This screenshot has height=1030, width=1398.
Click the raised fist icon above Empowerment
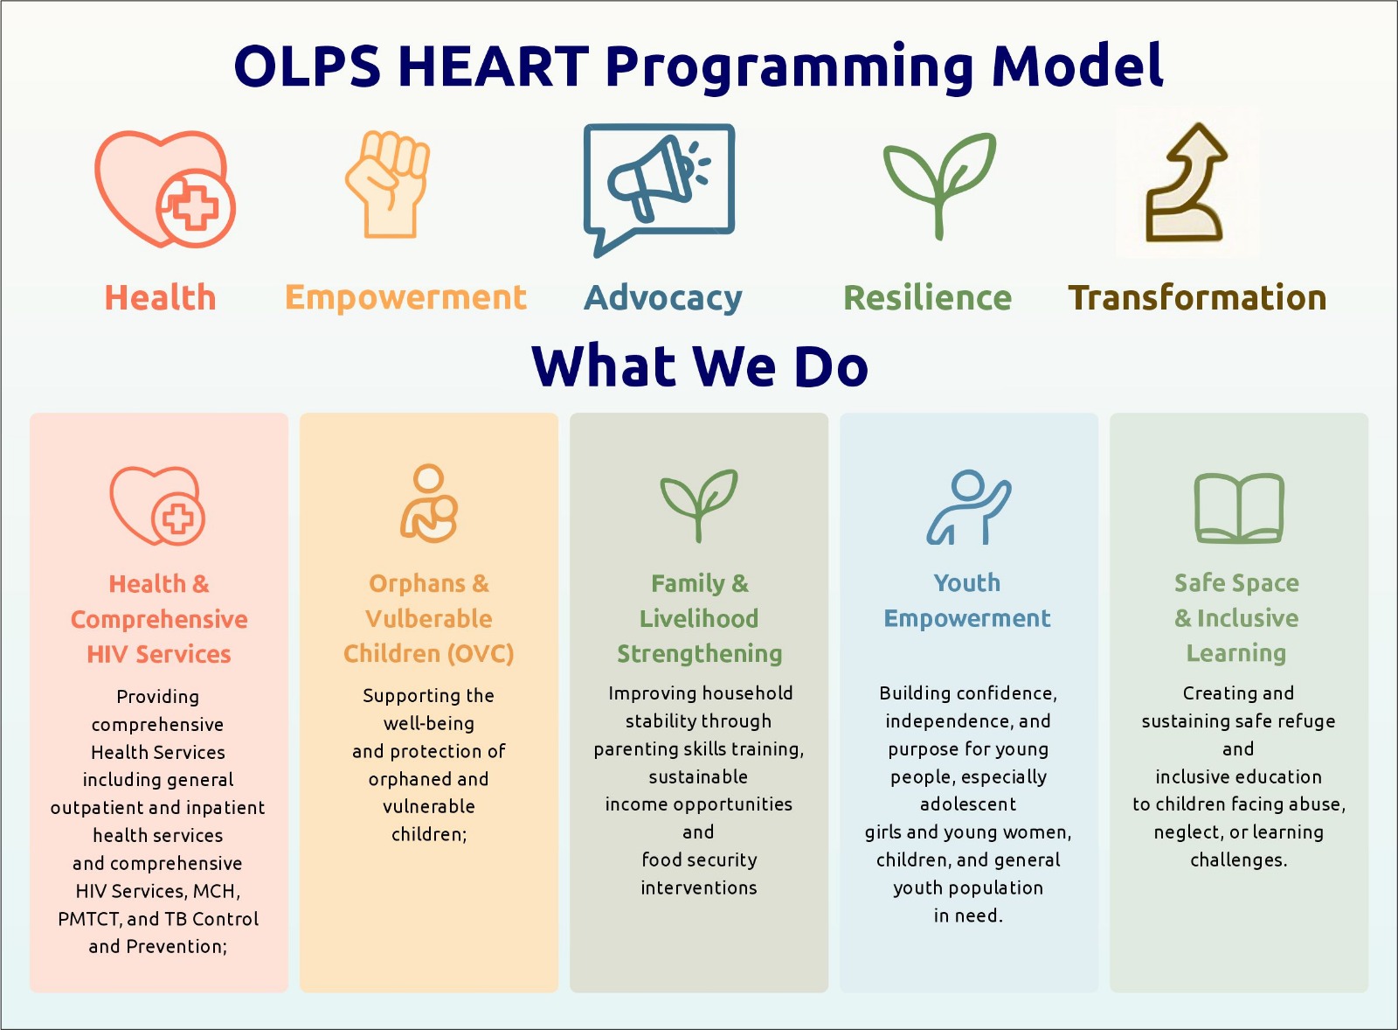tap(388, 184)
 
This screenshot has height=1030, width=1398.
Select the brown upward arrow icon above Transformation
tap(1187, 183)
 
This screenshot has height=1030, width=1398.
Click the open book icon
tap(1239, 508)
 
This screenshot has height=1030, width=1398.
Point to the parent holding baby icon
tap(429, 503)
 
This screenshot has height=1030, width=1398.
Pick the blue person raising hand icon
tap(969, 506)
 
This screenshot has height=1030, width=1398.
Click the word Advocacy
tap(663, 298)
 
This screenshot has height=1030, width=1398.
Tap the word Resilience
tap(927, 297)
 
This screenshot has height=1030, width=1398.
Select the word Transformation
tap(1197, 297)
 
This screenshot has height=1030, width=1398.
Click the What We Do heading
tap(700, 365)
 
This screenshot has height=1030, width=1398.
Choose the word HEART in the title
tap(493, 66)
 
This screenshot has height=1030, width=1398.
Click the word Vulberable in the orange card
tap(429, 618)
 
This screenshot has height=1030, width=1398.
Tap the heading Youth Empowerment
tap(967, 601)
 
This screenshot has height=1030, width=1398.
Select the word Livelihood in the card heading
tap(699, 618)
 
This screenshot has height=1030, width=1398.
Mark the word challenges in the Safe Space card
tap(1238, 860)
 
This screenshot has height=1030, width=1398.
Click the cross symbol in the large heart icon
tap(196, 208)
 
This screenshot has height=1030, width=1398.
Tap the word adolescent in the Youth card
tap(968, 804)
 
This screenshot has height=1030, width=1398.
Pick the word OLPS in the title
tap(307, 66)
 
